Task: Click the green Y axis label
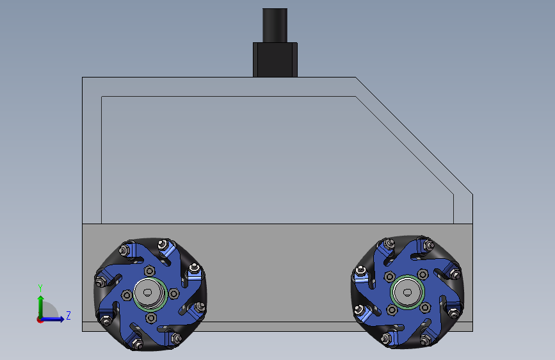(x=40, y=288)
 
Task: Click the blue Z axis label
(x=68, y=315)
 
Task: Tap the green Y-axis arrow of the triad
(x=41, y=307)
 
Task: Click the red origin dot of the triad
(x=40, y=320)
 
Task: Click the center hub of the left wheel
(x=149, y=294)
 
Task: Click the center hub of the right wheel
(x=407, y=292)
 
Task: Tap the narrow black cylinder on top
(x=275, y=26)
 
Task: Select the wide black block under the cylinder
(x=275, y=60)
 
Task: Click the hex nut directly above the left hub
(x=149, y=271)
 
